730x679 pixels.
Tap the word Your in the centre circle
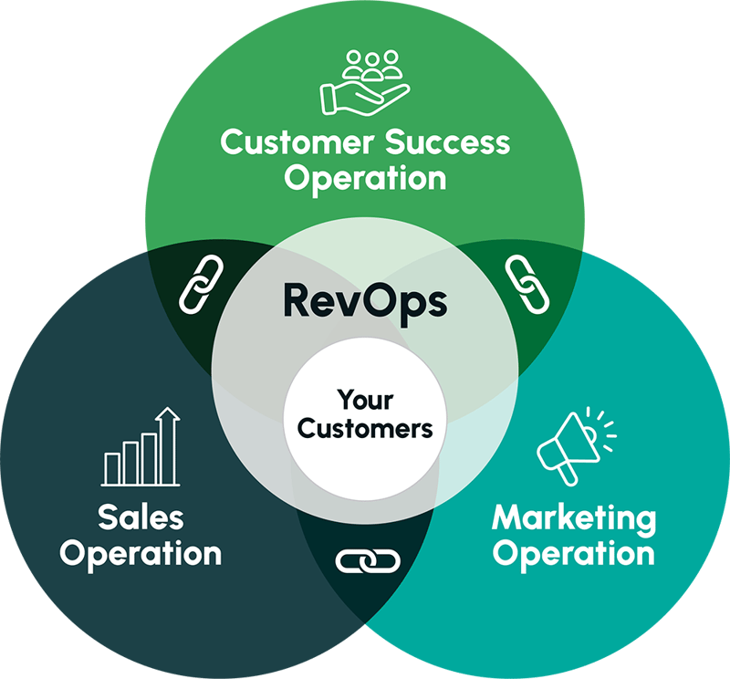365,399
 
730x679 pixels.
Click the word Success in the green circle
447,143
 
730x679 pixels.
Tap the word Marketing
573,518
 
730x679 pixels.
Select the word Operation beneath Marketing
573,553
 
